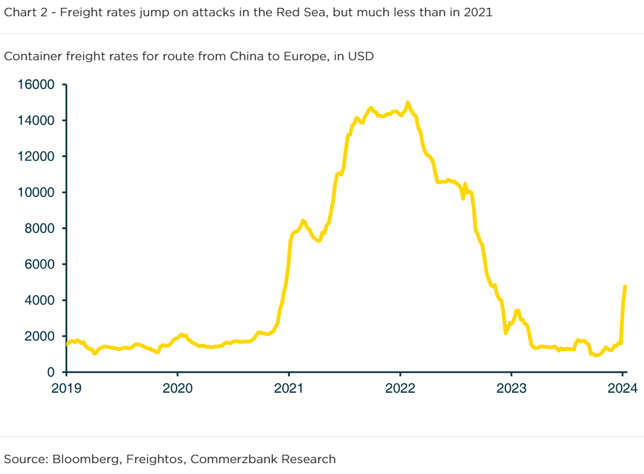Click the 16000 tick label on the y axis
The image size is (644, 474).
click(x=37, y=85)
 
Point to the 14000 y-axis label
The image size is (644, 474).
click(x=37, y=121)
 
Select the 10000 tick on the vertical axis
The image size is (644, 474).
click(x=37, y=193)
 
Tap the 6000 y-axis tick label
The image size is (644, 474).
click(x=41, y=264)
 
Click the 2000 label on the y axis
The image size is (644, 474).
click(x=41, y=336)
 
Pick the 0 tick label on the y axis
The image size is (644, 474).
click(x=51, y=372)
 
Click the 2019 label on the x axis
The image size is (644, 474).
click(x=66, y=388)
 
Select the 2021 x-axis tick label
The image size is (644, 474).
click(x=289, y=388)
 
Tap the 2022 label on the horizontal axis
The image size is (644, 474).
click(x=400, y=388)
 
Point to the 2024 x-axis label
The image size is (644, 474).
click(x=622, y=388)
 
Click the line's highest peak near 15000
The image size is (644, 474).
click(x=408, y=103)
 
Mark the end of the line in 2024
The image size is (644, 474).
click(x=625, y=287)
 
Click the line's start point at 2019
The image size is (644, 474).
click(x=66, y=345)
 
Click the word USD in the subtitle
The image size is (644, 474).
click(x=361, y=57)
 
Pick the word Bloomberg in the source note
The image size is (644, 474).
click(x=88, y=459)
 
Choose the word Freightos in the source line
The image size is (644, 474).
click(x=156, y=459)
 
